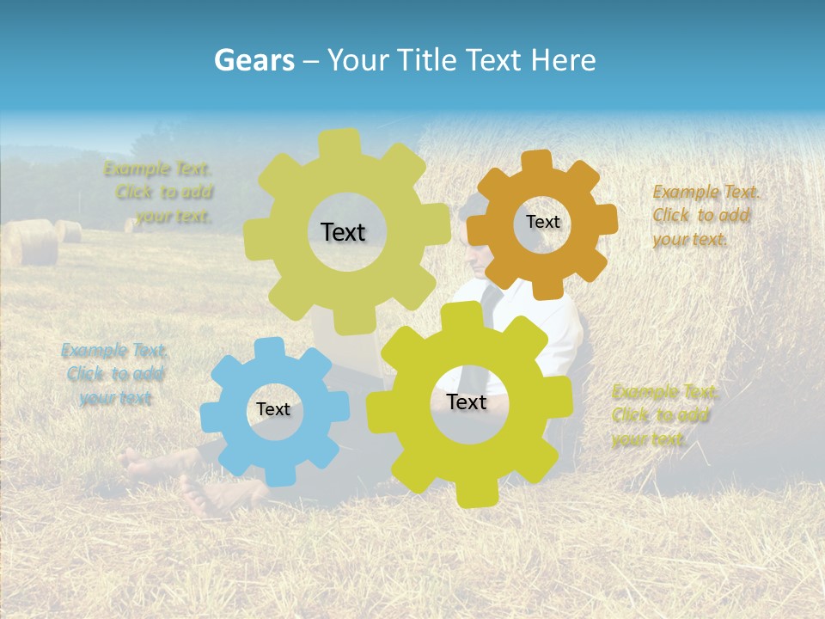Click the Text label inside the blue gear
[x=273, y=410]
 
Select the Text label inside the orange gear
[x=543, y=222]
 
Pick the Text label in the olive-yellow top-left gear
[x=343, y=232]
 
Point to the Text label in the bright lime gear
[x=467, y=402]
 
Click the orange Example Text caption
[x=706, y=215]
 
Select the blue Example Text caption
[x=114, y=374]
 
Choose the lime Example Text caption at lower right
[x=664, y=415]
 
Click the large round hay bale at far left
[x=30, y=242]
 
